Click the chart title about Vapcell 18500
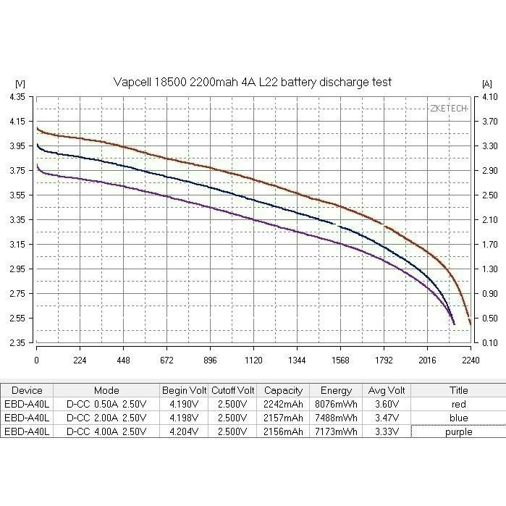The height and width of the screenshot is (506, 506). point(253,83)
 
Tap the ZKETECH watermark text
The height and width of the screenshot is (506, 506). point(448,109)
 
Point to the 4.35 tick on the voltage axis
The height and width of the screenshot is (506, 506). point(17,97)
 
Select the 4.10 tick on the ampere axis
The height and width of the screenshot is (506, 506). point(489,97)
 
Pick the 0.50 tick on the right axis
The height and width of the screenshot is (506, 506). point(489,318)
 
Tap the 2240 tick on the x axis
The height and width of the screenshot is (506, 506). point(470,359)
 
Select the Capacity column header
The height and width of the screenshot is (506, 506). point(283,390)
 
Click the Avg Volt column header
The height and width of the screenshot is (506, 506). point(385,390)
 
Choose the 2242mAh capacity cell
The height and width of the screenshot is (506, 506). point(283,404)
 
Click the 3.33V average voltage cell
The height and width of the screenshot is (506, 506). point(385,431)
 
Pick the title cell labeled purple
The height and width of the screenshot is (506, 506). point(457,431)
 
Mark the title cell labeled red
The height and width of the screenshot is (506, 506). point(457,404)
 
